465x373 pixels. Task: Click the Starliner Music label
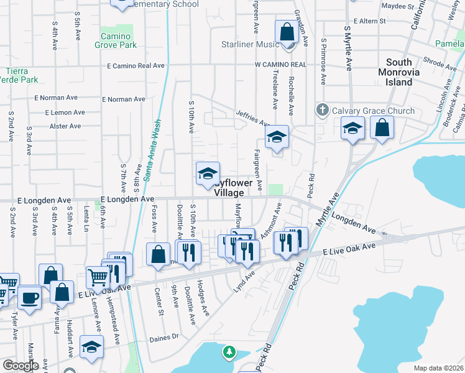pos(251,45)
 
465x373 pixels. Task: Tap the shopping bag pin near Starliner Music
pos(287,32)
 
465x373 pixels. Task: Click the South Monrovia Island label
pos(407,72)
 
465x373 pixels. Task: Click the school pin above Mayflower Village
pos(208,174)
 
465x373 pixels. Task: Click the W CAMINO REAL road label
pos(280,65)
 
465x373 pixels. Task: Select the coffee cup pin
pos(29,297)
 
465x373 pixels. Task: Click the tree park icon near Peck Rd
pos(229,352)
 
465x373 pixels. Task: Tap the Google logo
pos(20,366)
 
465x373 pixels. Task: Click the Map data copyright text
pos(438,368)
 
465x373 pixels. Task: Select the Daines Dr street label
pos(164,338)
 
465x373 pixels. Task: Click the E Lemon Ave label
pos(65,113)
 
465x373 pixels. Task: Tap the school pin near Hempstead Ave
pos(91,349)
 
